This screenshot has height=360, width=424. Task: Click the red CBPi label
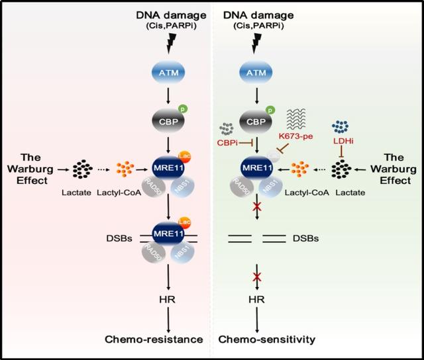point(230,142)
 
